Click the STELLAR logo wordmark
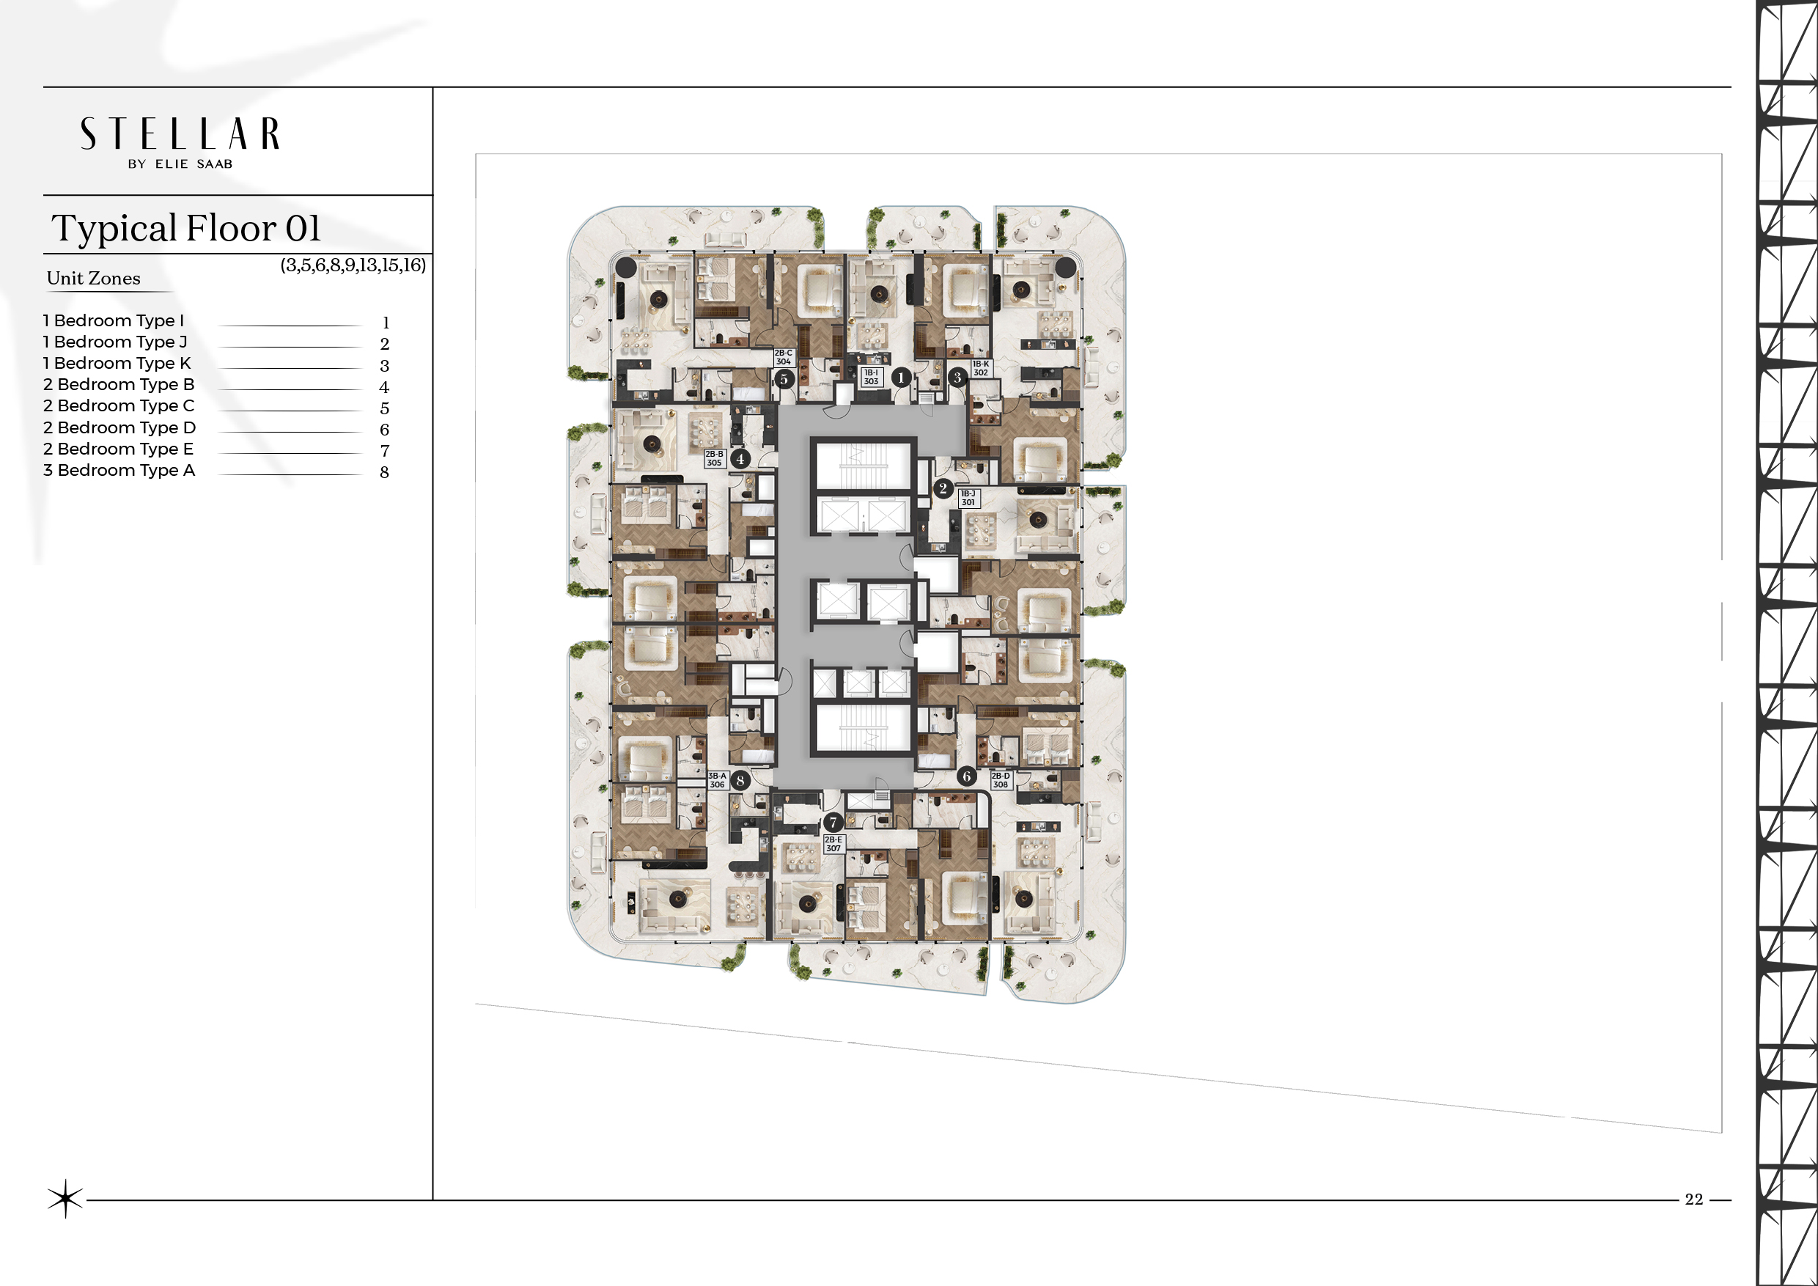pos(180,134)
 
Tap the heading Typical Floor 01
pos(186,228)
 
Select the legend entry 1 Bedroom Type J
pos(115,342)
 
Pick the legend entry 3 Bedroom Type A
pos(119,471)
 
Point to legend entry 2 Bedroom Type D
pos(119,427)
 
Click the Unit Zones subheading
pos(93,278)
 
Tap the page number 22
pos(1693,1199)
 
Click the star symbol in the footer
pos(65,1199)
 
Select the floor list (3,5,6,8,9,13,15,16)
pos(353,265)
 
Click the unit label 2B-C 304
pos(783,357)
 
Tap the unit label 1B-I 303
pos(871,377)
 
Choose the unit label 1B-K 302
pos(980,368)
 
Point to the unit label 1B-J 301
pos(968,498)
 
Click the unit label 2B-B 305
pos(714,458)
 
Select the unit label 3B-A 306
pos(717,781)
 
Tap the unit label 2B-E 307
pos(833,844)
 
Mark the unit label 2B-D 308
pos(1001,781)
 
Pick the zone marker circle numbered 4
pos(740,458)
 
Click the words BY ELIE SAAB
pos(180,164)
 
